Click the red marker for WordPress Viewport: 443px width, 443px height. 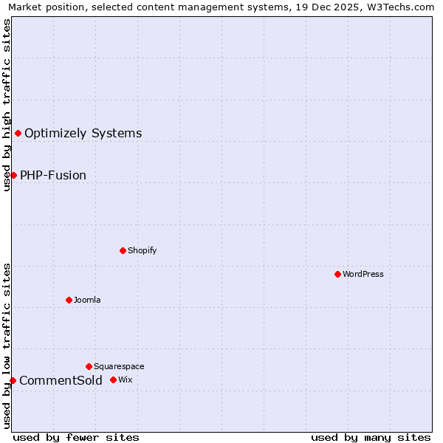pos(337,274)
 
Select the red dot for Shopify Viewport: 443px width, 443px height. pos(123,250)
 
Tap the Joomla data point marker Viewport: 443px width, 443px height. pos(69,300)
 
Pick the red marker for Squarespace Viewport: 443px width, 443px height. pos(89,366)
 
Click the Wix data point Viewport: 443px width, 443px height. pos(113,380)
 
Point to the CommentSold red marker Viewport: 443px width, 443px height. pos(13,380)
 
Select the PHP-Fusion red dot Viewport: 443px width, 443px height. pos(13,175)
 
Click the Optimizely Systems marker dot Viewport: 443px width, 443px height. pos(18,133)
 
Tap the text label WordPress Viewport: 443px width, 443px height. pos(363,274)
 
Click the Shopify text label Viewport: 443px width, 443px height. pos(142,250)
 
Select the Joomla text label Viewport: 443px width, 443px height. pos(87,300)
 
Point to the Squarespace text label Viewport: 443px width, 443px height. pos(119,366)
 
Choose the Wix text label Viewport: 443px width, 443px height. pos(126,380)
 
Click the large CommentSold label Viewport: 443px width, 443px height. pos(61,380)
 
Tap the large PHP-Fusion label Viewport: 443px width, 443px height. pos(53,175)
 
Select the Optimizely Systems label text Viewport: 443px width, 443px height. pos(83,133)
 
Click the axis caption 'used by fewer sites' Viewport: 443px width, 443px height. pos(76,437)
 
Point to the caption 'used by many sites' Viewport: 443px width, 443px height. pos(371,437)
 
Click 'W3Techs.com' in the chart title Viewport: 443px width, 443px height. pos(403,7)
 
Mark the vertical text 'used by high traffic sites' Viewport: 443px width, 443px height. pos(7,105)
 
